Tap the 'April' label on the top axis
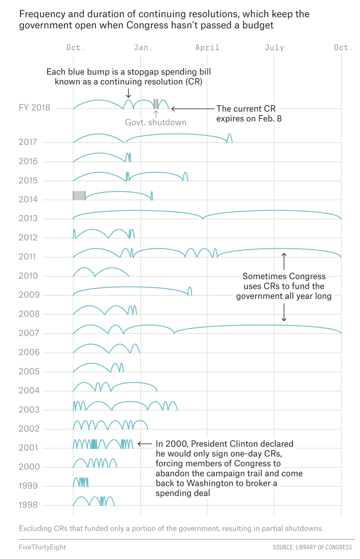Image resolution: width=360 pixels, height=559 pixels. pos(207,48)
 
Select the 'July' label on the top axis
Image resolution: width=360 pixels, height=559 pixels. pos(274,48)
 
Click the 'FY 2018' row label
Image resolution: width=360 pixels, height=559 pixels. pos(34,108)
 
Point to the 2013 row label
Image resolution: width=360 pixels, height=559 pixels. pos(28,218)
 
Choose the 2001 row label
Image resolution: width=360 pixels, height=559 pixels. pos(28,448)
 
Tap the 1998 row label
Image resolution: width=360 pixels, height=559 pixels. pos(28,505)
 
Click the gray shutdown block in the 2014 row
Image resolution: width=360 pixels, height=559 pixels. pos(79,195)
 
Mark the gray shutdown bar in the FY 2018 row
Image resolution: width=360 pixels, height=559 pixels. pos(156,104)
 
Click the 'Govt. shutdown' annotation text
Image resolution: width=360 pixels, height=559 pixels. pos(156,122)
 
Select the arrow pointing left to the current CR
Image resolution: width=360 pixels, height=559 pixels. pos(193,109)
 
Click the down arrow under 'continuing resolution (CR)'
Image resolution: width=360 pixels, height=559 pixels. pos(128,93)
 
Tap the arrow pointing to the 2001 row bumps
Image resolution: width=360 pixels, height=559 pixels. pos(145,444)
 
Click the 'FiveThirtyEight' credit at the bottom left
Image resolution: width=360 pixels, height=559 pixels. pos(42,547)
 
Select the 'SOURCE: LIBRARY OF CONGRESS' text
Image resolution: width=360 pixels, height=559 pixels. pos(312,547)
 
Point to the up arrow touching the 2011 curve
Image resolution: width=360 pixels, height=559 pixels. pos(284,261)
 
